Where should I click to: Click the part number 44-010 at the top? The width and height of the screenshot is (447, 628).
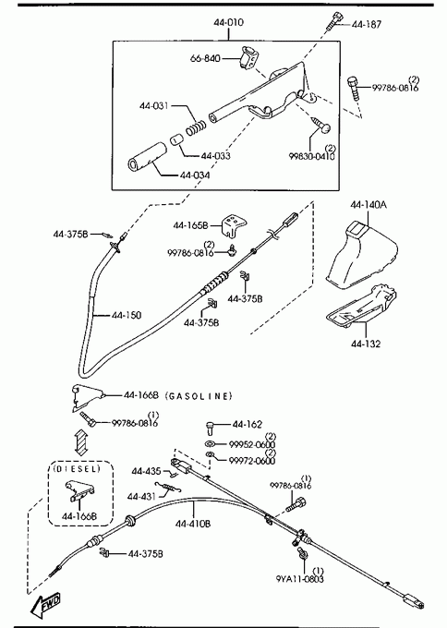tap(228, 22)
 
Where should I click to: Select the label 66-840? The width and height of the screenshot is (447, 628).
tap(205, 58)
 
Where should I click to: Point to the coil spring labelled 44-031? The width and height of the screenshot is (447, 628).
tap(197, 127)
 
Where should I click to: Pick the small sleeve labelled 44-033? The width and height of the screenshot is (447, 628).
tap(176, 140)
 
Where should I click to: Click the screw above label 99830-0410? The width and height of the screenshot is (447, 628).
tap(321, 124)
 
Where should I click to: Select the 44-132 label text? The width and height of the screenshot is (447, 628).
tap(366, 344)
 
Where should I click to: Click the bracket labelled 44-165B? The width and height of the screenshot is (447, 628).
tap(234, 226)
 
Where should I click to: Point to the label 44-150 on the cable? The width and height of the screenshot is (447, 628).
tap(127, 315)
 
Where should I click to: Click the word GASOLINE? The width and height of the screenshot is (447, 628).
tap(199, 396)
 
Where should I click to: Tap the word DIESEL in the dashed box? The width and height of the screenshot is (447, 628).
tap(76, 468)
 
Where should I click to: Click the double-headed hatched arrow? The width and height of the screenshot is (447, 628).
tap(81, 442)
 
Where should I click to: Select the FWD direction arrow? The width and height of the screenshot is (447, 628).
tap(46, 605)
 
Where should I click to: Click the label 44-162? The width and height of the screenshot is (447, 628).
tap(248, 424)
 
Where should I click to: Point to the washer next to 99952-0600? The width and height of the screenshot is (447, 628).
tap(209, 443)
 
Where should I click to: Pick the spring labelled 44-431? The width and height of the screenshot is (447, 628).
tap(168, 488)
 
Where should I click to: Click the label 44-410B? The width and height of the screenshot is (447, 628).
tap(193, 524)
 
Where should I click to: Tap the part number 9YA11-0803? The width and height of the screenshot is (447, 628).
tap(299, 579)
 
